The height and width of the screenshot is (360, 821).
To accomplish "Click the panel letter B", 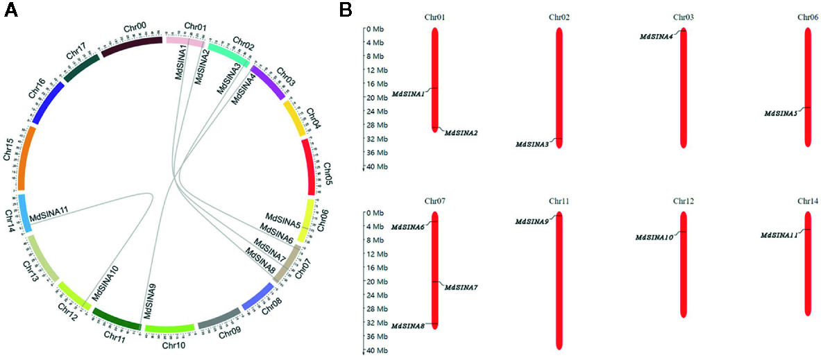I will [345, 11].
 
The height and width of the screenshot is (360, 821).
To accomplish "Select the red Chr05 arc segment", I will [310, 166].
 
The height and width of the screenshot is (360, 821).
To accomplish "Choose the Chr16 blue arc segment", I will [47, 103].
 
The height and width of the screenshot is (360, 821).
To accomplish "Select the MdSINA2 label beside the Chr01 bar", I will [461, 132].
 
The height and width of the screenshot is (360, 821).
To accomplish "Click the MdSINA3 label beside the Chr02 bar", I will [532, 144].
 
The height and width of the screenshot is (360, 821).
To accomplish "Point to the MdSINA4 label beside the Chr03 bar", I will [656, 37].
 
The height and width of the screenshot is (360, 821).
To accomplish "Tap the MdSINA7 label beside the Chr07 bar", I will [461, 287].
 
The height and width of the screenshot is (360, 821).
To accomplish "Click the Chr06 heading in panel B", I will [808, 17].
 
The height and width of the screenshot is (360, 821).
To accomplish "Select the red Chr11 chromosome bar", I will [559, 281].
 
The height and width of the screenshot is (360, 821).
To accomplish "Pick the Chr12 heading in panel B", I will [684, 201].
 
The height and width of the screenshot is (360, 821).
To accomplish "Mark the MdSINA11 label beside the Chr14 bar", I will [779, 235].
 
